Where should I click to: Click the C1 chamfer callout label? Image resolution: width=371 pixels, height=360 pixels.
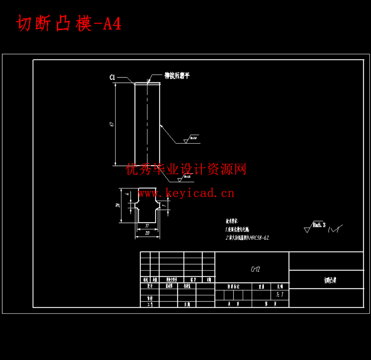(112, 78)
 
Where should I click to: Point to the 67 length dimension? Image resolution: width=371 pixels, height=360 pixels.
(112, 124)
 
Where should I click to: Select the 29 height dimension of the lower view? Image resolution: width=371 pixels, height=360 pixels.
(118, 205)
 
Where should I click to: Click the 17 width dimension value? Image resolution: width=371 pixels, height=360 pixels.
(147, 225)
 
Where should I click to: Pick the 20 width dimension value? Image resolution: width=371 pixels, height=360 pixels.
(147, 233)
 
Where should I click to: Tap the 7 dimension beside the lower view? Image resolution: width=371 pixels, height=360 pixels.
(164, 206)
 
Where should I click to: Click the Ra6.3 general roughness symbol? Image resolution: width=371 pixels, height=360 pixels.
(315, 226)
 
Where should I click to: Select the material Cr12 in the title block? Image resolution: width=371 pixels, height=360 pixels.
(255, 269)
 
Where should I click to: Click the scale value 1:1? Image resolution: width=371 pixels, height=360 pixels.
(279, 294)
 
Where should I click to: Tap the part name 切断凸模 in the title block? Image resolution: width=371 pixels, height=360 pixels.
(330, 280)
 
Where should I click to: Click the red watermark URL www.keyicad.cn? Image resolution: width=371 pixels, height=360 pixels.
(186, 193)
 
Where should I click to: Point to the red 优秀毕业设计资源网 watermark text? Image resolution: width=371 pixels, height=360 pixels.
(186, 169)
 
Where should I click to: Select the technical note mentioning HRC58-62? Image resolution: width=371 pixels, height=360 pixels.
(247, 238)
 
